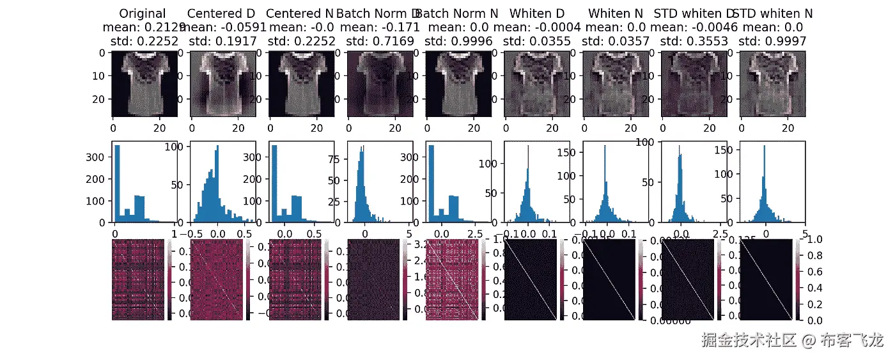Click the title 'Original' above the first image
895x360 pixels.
click(x=143, y=13)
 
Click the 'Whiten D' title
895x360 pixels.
click(x=536, y=13)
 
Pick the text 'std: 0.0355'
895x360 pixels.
click(x=536, y=41)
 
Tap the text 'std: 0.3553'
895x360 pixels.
click(x=694, y=41)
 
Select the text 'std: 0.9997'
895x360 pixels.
click(x=772, y=41)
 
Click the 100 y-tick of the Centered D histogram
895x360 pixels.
click(x=181, y=147)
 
